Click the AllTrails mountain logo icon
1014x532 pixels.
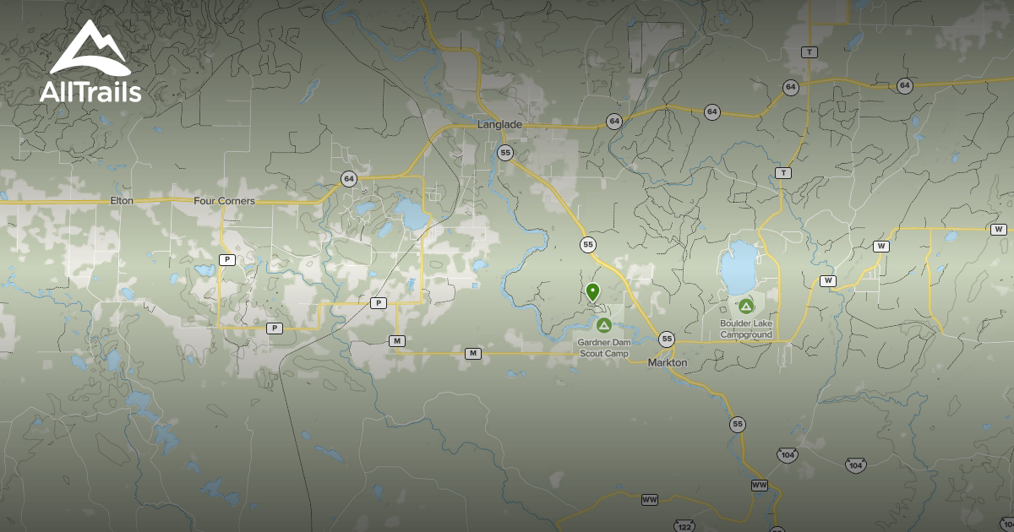pyautogui.click(x=90, y=50)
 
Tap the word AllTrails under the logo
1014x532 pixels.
pyautogui.click(x=90, y=92)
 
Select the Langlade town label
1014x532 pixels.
pyautogui.click(x=499, y=125)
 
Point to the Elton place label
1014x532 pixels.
pyautogui.click(x=122, y=201)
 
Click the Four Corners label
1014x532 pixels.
pyautogui.click(x=224, y=201)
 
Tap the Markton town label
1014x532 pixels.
pyautogui.click(x=668, y=362)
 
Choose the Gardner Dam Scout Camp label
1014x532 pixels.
pyautogui.click(x=603, y=348)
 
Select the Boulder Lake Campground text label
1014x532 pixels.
pyautogui.click(x=746, y=328)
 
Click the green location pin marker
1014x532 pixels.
pyautogui.click(x=593, y=292)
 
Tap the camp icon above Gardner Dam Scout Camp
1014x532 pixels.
pyautogui.click(x=603, y=325)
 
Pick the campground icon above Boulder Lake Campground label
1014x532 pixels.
pyautogui.click(x=745, y=306)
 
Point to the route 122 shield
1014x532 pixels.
pyautogui.click(x=684, y=526)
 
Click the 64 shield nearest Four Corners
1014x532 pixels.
pyautogui.click(x=349, y=178)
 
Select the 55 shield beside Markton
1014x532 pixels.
pyautogui.click(x=668, y=339)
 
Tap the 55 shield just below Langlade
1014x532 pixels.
pyautogui.click(x=505, y=152)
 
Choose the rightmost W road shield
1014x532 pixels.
pyautogui.click(x=999, y=229)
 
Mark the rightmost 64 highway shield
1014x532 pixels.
pyautogui.click(x=905, y=85)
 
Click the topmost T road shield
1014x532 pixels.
pyautogui.click(x=810, y=52)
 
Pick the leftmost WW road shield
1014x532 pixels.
pyautogui.click(x=650, y=500)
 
